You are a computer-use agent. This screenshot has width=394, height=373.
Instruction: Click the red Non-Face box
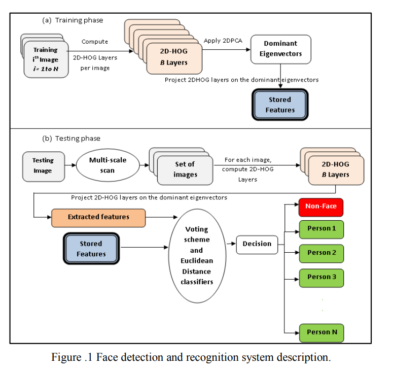point(321,207)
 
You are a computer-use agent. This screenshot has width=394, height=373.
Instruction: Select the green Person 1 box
point(321,228)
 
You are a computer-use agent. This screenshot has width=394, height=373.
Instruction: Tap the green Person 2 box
point(321,253)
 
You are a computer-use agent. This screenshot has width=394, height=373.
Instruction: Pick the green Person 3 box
point(321,277)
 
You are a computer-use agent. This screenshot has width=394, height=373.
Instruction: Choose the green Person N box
point(321,332)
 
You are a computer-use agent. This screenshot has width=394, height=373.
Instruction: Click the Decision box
point(257,244)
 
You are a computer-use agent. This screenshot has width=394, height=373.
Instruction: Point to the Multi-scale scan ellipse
point(107,165)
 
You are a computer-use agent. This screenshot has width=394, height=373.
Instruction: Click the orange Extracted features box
point(98,217)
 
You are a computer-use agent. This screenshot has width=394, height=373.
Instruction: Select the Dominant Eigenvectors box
point(280,49)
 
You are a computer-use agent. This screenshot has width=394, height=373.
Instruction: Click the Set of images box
point(185,169)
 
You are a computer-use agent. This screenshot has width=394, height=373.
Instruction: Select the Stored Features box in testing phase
point(91,249)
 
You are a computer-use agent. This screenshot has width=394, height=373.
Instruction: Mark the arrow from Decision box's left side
point(230,244)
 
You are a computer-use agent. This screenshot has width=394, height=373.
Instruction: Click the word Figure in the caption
point(65,357)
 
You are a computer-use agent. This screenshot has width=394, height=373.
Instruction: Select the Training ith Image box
point(46,59)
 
